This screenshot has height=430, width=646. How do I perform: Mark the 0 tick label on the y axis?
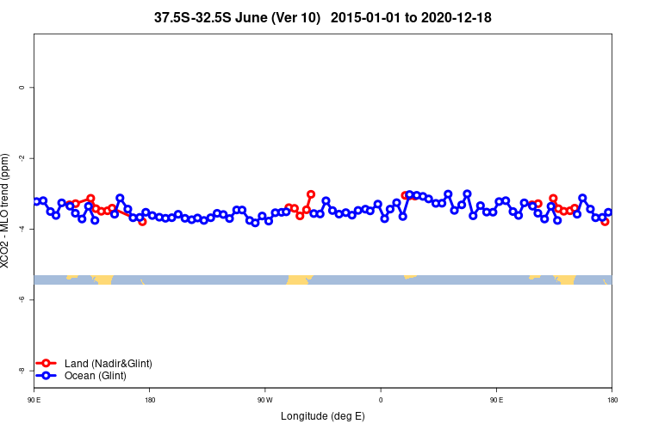tap(22, 88)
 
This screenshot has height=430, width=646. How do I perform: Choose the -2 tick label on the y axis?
tap(22, 158)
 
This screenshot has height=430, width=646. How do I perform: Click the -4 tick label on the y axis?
tap(22, 229)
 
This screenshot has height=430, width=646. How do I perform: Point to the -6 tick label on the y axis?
tap(22, 299)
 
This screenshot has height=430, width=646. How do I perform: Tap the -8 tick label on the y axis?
tap(22, 370)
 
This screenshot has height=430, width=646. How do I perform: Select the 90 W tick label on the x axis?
tap(264, 400)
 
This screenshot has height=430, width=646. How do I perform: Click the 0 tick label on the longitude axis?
tap(381, 400)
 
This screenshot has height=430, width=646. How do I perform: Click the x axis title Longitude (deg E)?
tap(323, 416)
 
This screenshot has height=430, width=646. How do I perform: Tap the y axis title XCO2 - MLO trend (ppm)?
tap(7, 211)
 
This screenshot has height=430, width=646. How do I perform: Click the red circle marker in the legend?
tap(47, 364)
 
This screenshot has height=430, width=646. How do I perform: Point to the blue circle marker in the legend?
tap(47, 376)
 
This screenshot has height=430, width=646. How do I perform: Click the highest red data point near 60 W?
tap(311, 194)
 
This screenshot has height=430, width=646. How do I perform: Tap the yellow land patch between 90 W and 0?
tap(299, 279)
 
